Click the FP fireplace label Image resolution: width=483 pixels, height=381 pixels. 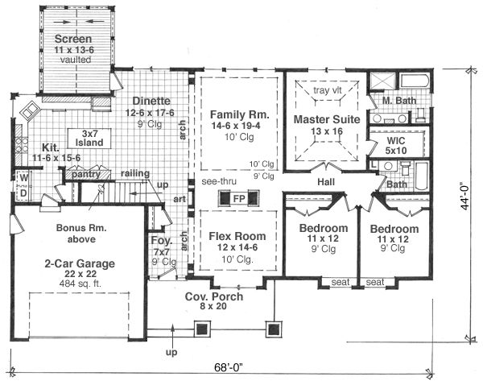coord(239,198)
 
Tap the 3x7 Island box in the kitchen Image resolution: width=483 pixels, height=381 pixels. coord(89,139)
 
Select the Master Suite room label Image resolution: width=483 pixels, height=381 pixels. coord(327,119)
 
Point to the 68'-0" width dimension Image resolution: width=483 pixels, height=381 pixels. coord(229,367)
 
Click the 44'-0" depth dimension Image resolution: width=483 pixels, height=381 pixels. coord(465,197)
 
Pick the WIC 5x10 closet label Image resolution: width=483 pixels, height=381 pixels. coord(396,146)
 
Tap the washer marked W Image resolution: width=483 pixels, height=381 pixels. coord(24,178)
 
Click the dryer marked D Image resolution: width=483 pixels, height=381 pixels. coord(23,194)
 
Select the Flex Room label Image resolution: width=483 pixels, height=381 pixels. coord(237,236)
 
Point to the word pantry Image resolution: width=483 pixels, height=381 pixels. coord(86,175)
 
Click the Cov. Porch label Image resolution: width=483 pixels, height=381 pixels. coord(214,296)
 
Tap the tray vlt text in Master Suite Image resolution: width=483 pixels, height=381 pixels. coord(328,90)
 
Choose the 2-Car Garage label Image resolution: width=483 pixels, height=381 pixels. coord(80,263)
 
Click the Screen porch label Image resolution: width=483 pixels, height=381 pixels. coord(73,39)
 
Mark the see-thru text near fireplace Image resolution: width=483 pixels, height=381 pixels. coord(219,181)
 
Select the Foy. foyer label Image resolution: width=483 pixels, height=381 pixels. coord(161,240)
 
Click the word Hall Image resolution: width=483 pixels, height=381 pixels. coord(326,182)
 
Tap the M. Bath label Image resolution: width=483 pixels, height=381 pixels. coord(399,101)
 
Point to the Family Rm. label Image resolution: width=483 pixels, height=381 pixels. coord(240,114)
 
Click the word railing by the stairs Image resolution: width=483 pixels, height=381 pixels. coord(135,173)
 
